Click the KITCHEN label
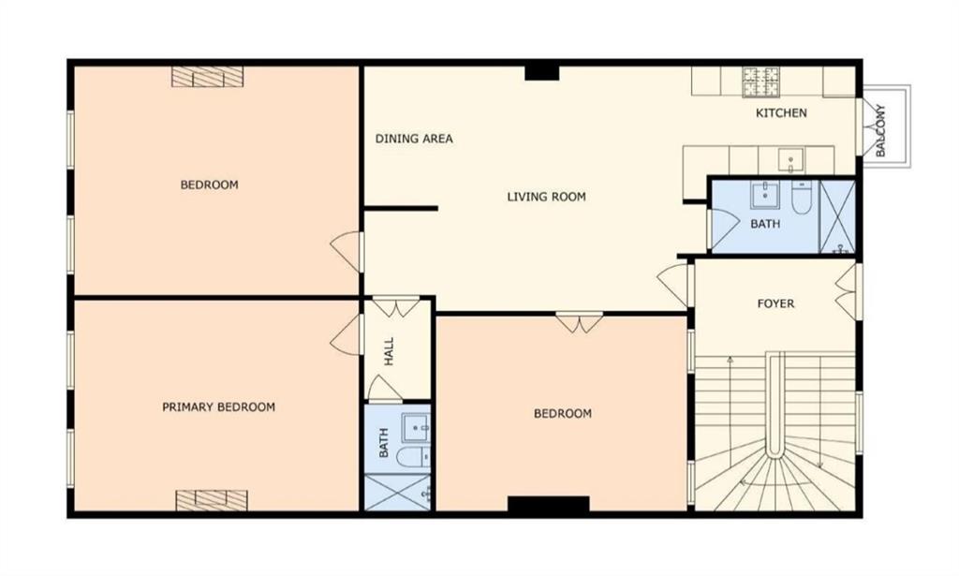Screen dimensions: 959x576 (x=781, y=113)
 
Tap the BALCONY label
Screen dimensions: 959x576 (x=880, y=131)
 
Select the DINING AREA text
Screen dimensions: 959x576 (x=414, y=139)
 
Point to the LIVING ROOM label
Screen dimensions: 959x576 (x=546, y=197)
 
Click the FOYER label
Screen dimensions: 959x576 (x=775, y=303)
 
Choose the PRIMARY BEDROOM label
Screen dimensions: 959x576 (x=218, y=407)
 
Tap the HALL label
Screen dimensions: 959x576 (x=389, y=351)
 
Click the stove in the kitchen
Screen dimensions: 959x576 (x=760, y=81)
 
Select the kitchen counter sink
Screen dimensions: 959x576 (x=790, y=160)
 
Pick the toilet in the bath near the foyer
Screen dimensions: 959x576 (x=802, y=197)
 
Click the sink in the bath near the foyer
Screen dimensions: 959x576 (x=765, y=195)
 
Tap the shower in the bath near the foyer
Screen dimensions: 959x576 (x=836, y=216)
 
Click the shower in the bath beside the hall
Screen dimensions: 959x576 (x=398, y=493)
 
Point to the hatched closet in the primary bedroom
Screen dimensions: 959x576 (x=212, y=500)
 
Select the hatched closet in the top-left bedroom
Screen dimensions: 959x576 (x=207, y=77)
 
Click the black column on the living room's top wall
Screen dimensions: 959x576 (x=542, y=73)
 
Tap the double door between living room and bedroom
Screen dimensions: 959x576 (x=579, y=322)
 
